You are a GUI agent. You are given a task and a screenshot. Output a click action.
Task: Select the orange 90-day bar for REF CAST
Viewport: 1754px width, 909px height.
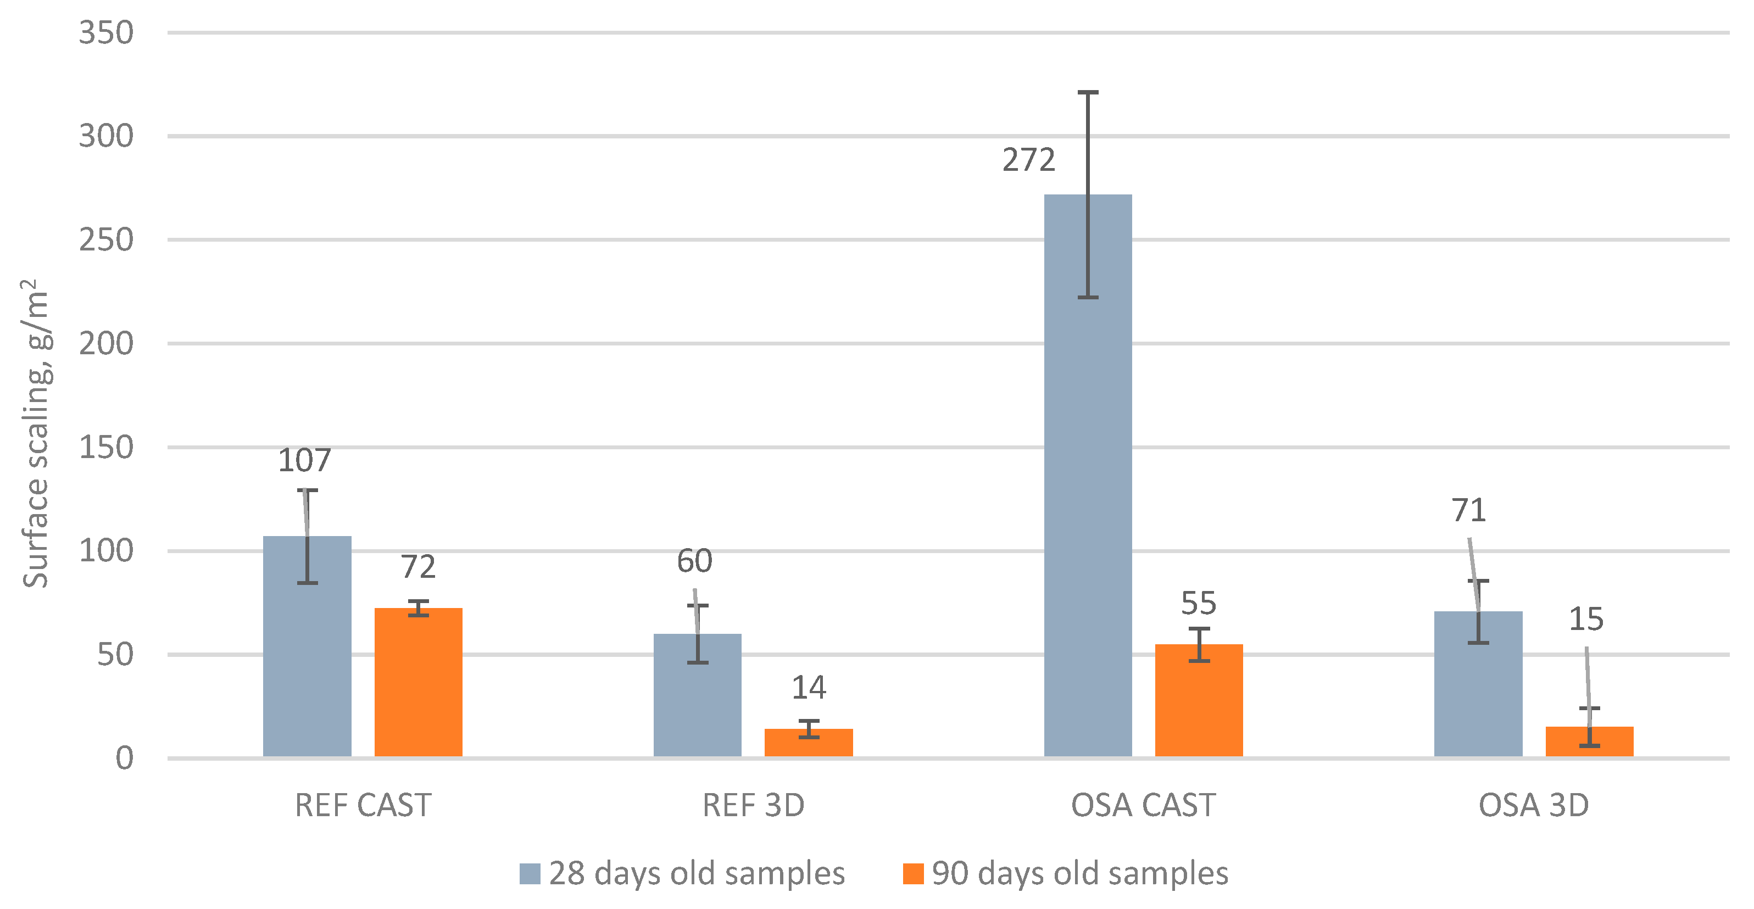pyautogui.click(x=418, y=682)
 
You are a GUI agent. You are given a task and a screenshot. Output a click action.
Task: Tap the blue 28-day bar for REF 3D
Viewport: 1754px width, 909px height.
pyautogui.click(x=697, y=695)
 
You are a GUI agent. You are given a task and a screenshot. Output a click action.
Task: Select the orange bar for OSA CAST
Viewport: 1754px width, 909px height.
pyautogui.click(x=1199, y=701)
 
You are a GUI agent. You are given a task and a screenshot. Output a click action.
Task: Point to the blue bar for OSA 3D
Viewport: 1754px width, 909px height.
pyautogui.click(x=1478, y=684)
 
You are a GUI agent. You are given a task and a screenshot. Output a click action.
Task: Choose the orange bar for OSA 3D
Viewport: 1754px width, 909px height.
pyautogui.click(x=1589, y=741)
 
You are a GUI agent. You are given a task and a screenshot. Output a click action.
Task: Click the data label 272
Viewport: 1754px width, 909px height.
pyautogui.click(x=1029, y=160)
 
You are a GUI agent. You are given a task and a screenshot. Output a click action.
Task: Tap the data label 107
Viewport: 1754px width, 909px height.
pyautogui.click(x=304, y=460)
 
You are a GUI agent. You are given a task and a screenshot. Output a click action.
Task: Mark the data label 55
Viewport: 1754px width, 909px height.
pyautogui.click(x=1199, y=603)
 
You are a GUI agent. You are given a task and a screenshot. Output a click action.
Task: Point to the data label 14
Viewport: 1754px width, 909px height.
pyautogui.click(x=808, y=688)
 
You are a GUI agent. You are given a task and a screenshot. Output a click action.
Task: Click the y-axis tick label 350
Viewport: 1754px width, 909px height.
pyautogui.click(x=106, y=33)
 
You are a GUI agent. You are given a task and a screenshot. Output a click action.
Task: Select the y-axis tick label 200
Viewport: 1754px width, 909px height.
pyautogui.click(x=106, y=344)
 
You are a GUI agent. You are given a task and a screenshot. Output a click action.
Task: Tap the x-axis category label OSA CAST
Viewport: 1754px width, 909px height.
pyautogui.click(x=1143, y=806)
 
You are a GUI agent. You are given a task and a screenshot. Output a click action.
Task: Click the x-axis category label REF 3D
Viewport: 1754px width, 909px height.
pyautogui.click(x=753, y=806)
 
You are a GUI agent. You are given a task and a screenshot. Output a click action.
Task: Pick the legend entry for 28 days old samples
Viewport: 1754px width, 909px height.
pyautogui.click(x=682, y=874)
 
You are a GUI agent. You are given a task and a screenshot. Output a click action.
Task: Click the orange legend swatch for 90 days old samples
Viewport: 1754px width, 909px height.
pyautogui.click(x=913, y=874)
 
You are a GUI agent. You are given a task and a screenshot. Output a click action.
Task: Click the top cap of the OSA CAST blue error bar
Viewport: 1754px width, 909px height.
pyautogui.click(x=1088, y=92)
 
